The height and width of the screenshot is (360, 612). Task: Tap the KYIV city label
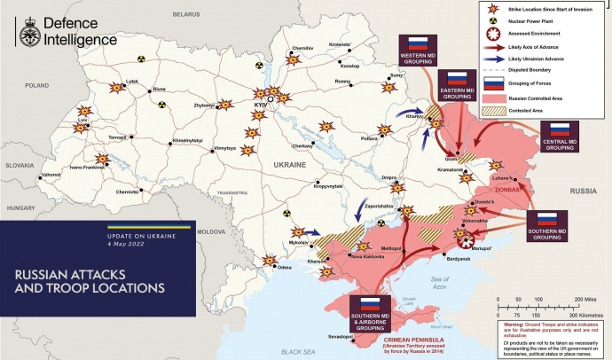pyautogui.click(x=261, y=105)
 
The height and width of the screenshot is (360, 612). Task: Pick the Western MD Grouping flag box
pyautogui.click(x=416, y=51)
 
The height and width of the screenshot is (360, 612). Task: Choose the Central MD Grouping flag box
pyautogui.click(x=560, y=136)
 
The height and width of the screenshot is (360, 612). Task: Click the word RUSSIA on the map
pyautogui.click(x=582, y=191)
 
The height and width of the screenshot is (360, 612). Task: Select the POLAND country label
pyautogui.click(x=36, y=85)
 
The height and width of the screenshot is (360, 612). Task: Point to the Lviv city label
pyautogui.click(x=82, y=118)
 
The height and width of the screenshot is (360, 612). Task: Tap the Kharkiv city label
pyautogui.click(x=413, y=117)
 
